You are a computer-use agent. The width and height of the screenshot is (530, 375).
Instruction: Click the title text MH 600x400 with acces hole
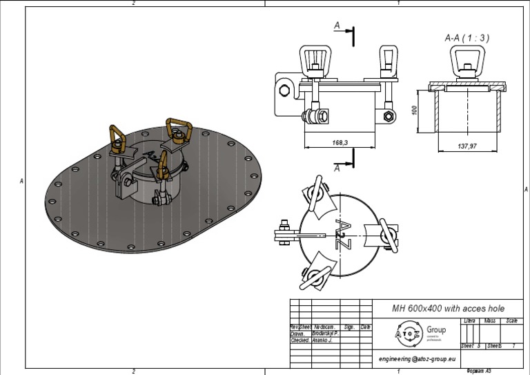point(448,308)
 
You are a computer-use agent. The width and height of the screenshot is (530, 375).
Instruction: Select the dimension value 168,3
point(340,143)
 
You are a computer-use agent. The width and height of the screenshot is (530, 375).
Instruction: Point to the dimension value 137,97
point(467,146)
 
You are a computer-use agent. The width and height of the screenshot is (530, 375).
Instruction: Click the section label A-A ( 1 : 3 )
point(467,38)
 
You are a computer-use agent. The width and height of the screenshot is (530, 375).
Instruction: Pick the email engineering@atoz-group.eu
point(418,359)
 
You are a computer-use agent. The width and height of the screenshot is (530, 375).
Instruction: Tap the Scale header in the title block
point(511,321)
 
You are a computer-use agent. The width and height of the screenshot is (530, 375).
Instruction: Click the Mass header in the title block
point(491,321)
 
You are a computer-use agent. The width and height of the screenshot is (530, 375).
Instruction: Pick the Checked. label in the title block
point(300,340)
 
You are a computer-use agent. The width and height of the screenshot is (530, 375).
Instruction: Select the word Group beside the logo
point(436,329)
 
